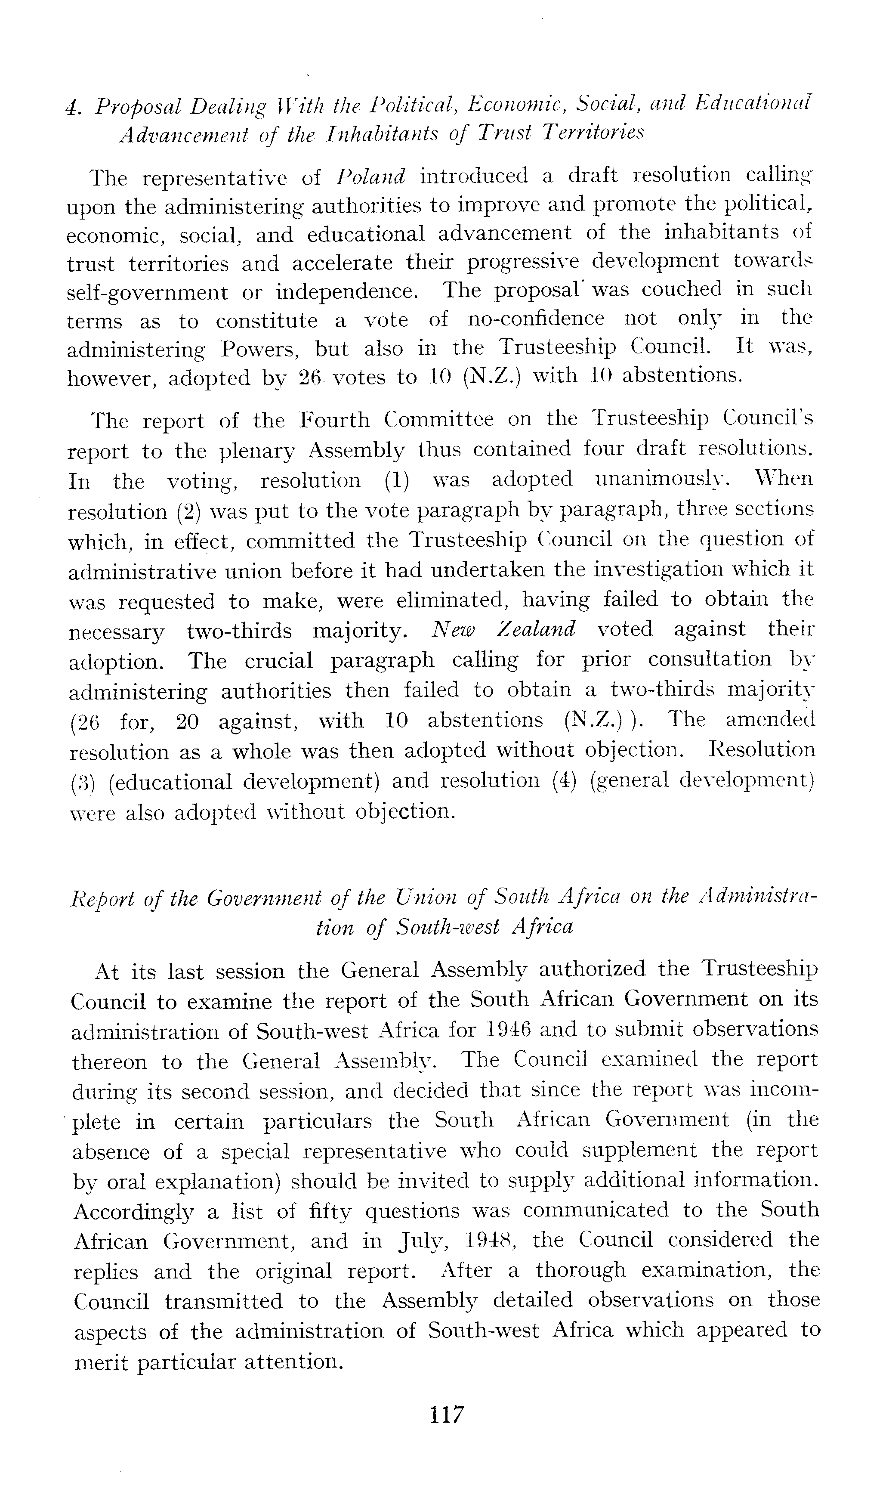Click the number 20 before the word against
[x=189, y=720]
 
